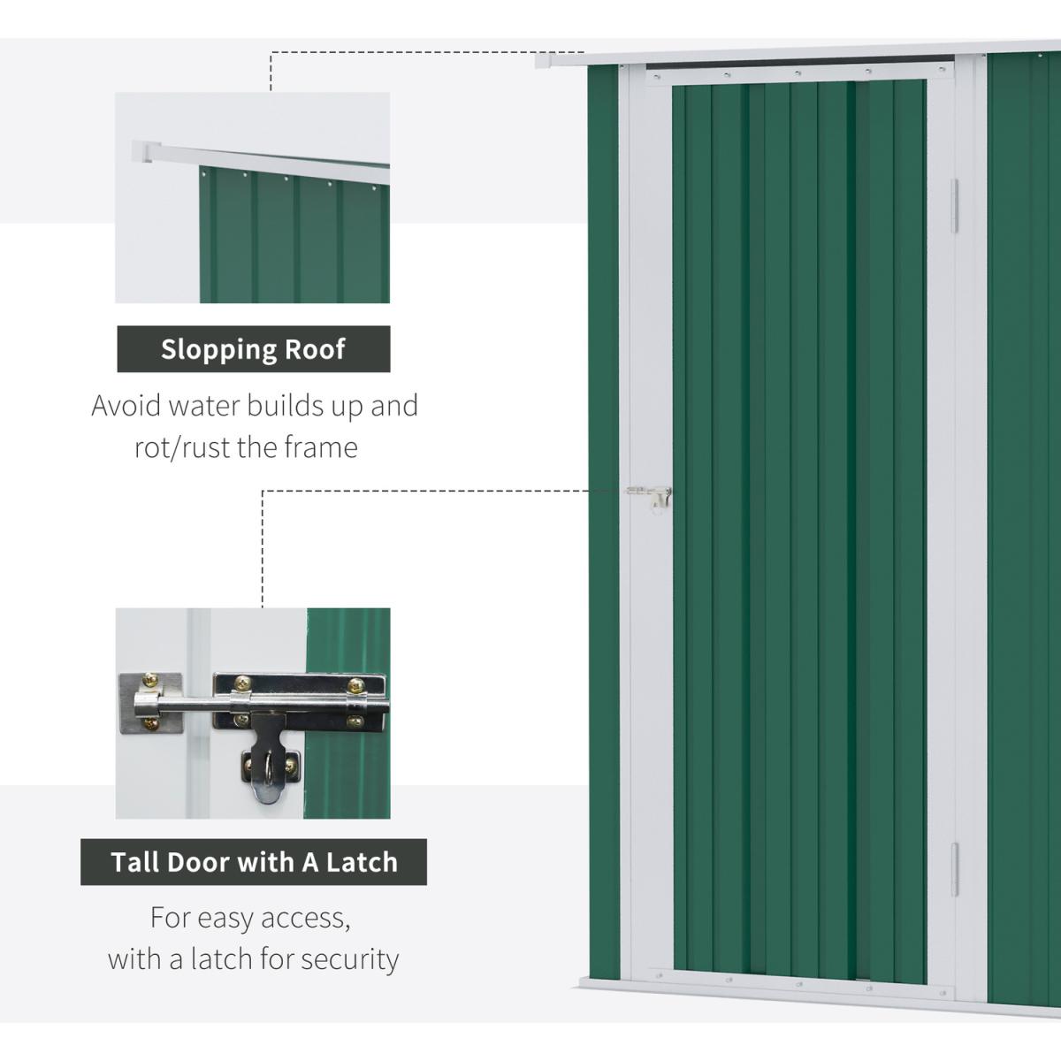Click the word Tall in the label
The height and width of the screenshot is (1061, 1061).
pyautogui.click(x=134, y=862)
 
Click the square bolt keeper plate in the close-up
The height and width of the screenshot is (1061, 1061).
pyautogui.click(x=151, y=703)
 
